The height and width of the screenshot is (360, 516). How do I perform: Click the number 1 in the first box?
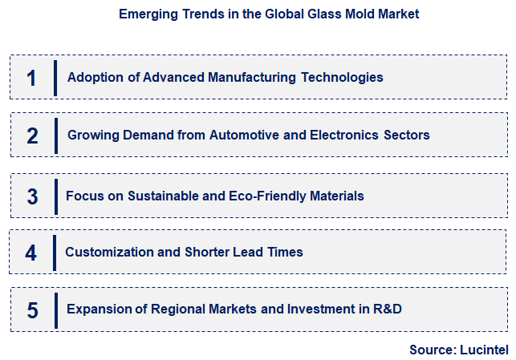pyautogui.click(x=31, y=78)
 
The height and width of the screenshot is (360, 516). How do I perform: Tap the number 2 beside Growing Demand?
pyautogui.click(x=32, y=136)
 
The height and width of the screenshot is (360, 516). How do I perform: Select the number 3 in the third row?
pyautogui.click(x=32, y=196)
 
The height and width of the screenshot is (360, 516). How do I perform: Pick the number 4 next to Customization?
pyautogui.click(x=30, y=253)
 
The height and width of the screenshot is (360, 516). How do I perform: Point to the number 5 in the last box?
pyautogui.click(x=32, y=310)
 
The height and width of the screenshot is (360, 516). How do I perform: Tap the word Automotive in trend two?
pyautogui.click(x=245, y=136)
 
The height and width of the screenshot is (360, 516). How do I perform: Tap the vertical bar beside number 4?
pyautogui.click(x=55, y=253)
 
